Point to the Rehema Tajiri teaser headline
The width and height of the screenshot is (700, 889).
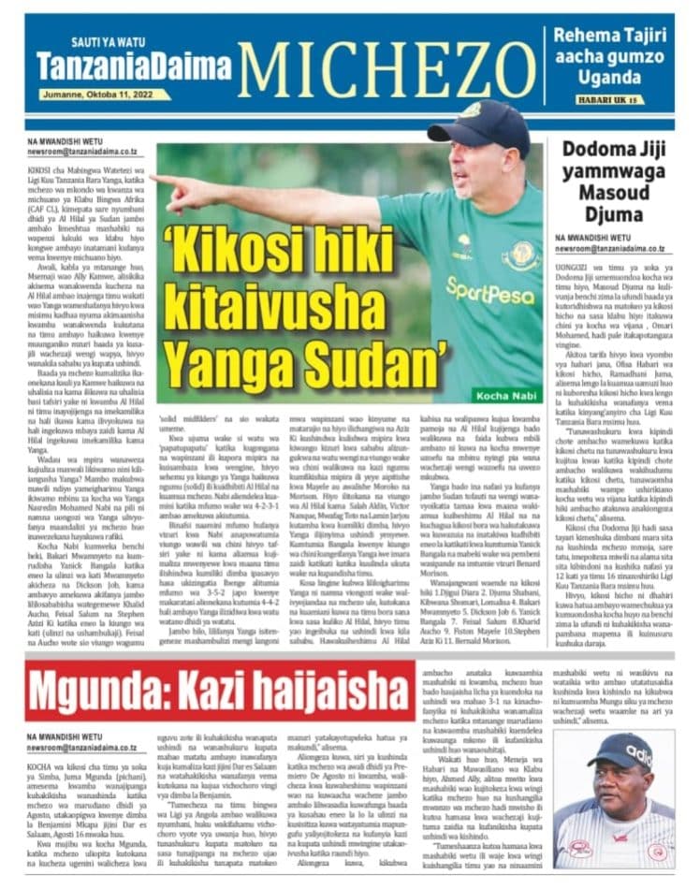point(613,55)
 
